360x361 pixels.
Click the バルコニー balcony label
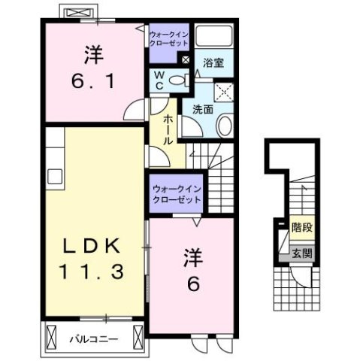click(94, 338)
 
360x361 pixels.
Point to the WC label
click(161, 80)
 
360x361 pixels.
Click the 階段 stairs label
click(302, 226)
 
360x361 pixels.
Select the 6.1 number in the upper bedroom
click(93, 80)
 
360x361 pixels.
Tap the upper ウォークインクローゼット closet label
click(168, 40)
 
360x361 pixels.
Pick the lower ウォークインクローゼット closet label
click(176, 195)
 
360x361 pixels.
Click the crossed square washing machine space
click(222, 93)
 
